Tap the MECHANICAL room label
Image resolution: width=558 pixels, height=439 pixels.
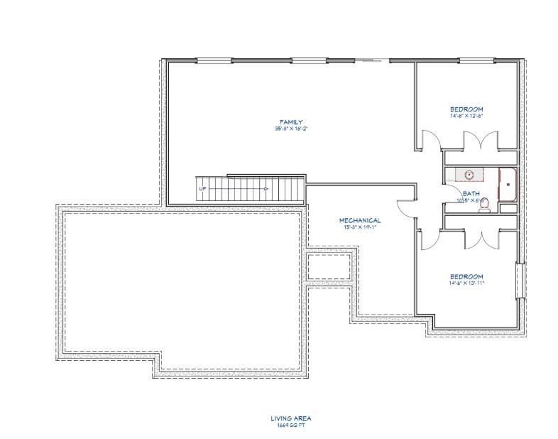coord(361,220)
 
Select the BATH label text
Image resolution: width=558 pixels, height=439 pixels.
coord(471,193)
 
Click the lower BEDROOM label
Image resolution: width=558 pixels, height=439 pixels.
coord(466,276)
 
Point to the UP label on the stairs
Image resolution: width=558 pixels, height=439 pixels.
coord(203,189)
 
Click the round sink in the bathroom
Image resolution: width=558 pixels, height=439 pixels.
coord(469,173)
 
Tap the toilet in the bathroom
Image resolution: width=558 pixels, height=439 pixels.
coord(486,207)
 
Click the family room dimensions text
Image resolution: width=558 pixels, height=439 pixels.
coord(291,129)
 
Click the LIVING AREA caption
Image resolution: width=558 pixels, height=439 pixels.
coord(291,418)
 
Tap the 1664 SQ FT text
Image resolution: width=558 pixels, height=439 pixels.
coord(291,425)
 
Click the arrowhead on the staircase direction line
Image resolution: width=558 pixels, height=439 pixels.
coord(265,189)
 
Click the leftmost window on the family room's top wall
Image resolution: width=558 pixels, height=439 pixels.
coord(209,60)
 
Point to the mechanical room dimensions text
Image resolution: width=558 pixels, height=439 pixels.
coord(361,228)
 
